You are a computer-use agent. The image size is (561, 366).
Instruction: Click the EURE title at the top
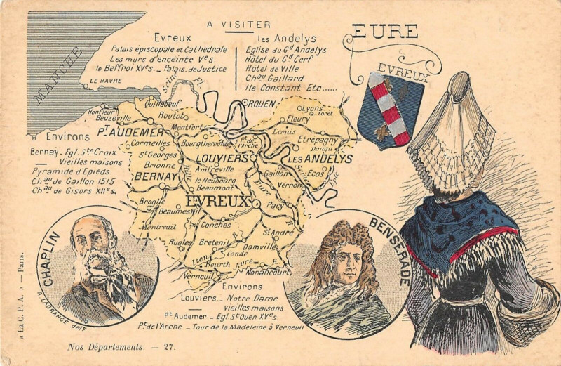pyautogui.click(x=385, y=32)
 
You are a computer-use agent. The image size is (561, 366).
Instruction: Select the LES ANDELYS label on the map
pyautogui.click(x=320, y=159)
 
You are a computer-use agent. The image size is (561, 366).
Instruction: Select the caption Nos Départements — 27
pyautogui.click(x=121, y=346)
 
